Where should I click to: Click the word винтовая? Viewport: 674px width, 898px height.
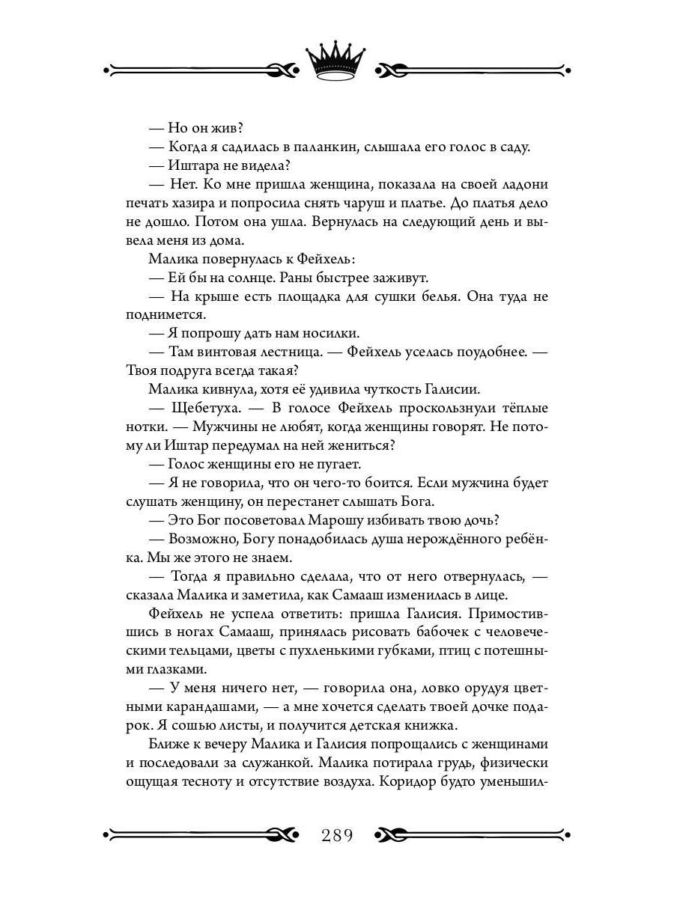coord(232,352)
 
